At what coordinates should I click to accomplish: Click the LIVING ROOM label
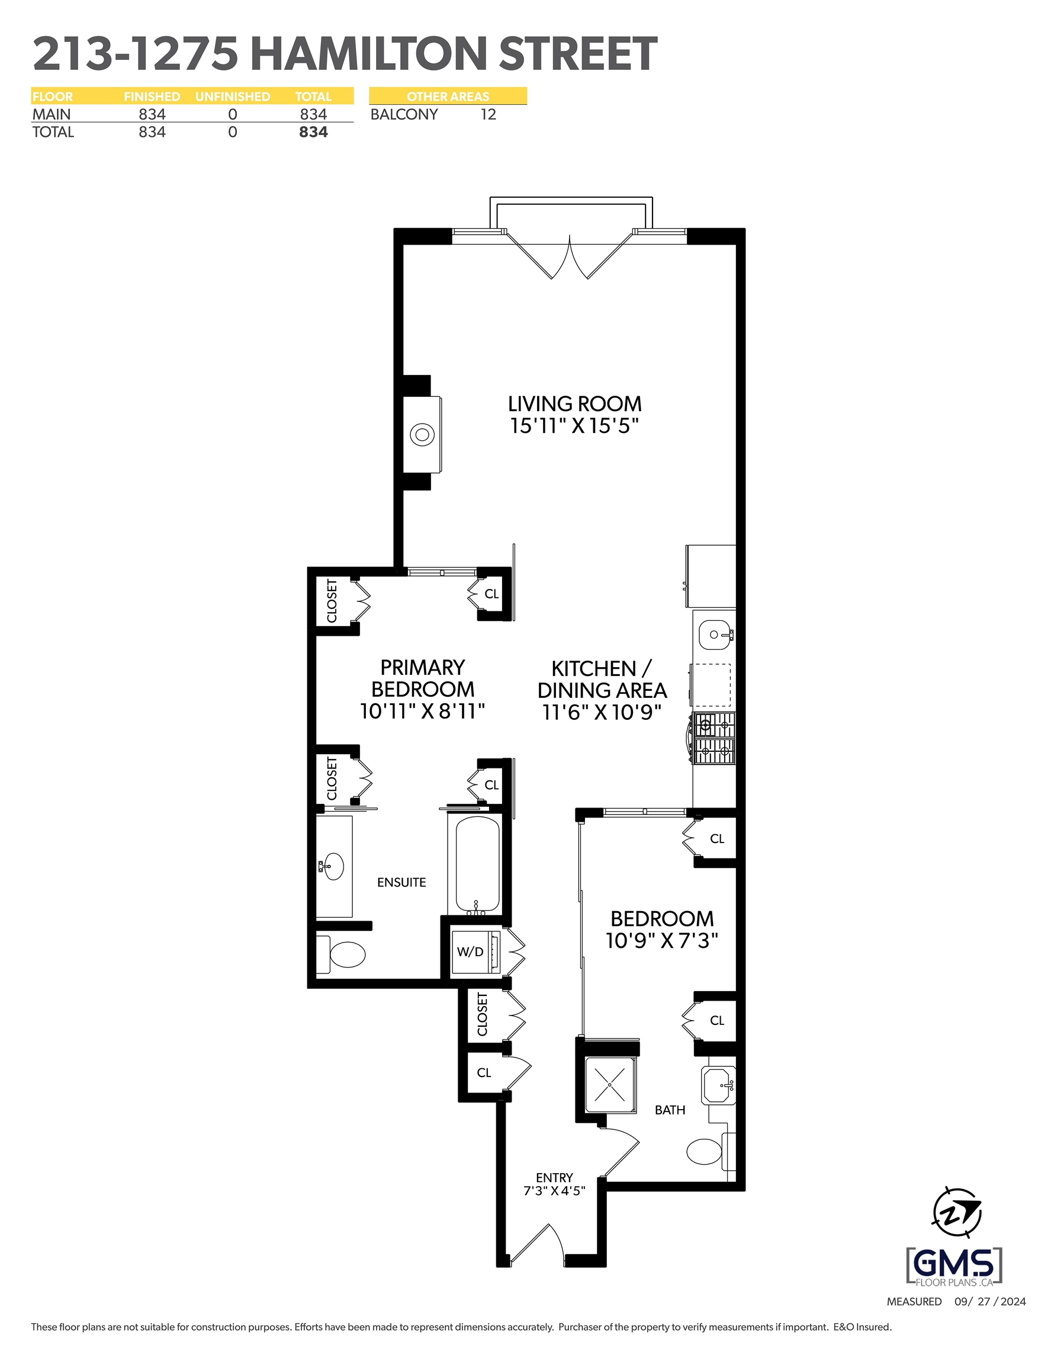pos(574,403)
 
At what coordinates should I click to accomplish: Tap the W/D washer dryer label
pos(470,952)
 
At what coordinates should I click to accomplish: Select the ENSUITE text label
pos(401,883)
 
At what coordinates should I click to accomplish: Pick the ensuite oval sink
pos(333,866)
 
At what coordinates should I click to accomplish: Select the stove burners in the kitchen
pos(714,738)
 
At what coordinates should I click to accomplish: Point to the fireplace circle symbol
pos(422,434)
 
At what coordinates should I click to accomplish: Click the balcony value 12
pos(488,114)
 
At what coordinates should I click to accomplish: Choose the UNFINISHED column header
pos(233,96)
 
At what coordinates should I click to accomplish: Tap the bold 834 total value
pos(313,132)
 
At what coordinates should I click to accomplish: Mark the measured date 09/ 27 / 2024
pos(990,1301)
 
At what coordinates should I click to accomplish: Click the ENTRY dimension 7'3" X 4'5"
pos(554,1191)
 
